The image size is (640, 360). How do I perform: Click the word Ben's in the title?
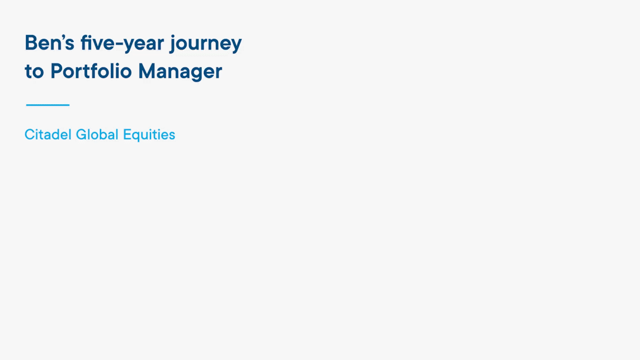(x=49, y=43)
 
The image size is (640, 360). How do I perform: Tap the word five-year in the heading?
(x=122, y=43)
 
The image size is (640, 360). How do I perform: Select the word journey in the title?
(x=205, y=43)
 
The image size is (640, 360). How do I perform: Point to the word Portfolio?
(x=91, y=70)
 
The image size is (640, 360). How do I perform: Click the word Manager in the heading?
(x=180, y=71)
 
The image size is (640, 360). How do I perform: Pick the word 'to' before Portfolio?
(x=34, y=71)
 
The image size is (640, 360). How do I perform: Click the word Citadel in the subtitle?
(x=47, y=134)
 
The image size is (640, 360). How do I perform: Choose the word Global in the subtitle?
(x=97, y=134)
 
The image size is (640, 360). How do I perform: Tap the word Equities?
(x=149, y=135)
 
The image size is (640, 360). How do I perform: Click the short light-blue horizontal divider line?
(x=47, y=105)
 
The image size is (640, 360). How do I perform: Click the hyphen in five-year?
(x=119, y=44)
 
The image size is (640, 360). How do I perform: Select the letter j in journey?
(x=173, y=44)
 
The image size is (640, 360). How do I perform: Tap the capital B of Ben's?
(x=31, y=43)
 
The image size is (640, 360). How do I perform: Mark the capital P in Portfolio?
(x=56, y=70)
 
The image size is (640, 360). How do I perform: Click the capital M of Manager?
(x=146, y=71)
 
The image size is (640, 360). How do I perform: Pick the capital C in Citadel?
(x=30, y=134)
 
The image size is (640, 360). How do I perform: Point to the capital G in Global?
(x=81, y=134)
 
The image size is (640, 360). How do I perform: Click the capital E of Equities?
(x=127, y=134)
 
